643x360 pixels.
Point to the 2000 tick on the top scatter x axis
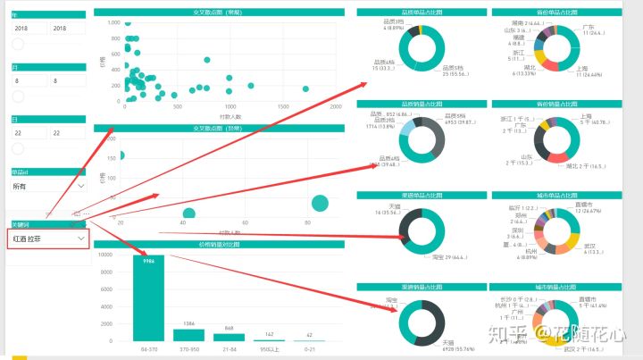(x=337, y=106)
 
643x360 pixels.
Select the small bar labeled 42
(x=309, y=339)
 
